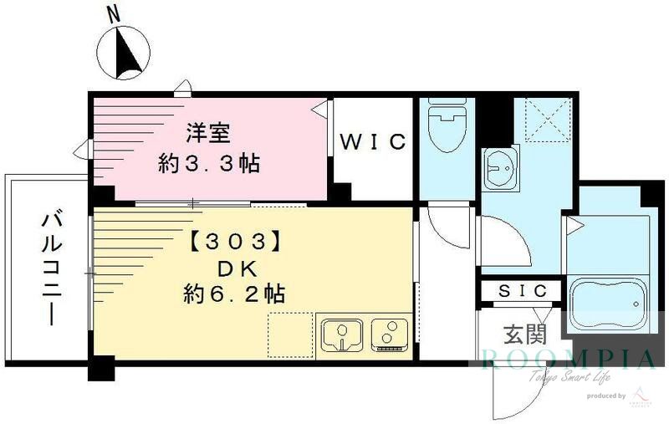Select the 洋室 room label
pos(208,132)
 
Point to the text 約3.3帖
pos(209,161)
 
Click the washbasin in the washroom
pos(501,166)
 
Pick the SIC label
pos(523,291)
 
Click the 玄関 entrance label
pos(524,335)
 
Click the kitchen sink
pos(341,335)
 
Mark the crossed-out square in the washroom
pos(543,120)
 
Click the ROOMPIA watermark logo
pos(569,360)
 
